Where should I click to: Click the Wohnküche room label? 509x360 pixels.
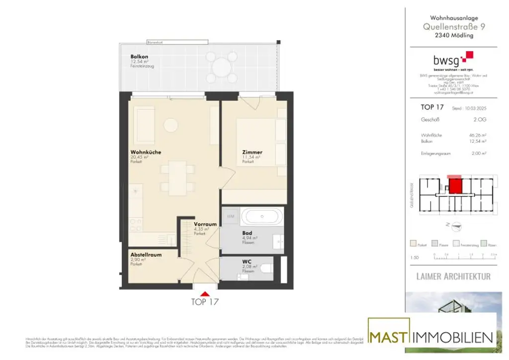146,152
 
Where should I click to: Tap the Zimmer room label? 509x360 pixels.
252,152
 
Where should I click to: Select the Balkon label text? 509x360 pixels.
139,57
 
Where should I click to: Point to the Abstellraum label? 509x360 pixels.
146,255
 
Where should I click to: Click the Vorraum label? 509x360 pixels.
205,224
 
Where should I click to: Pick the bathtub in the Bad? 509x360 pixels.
262,217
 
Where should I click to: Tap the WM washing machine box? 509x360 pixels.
231,216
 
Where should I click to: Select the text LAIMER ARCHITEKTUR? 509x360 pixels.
453,276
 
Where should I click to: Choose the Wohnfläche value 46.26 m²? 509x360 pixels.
475,135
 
